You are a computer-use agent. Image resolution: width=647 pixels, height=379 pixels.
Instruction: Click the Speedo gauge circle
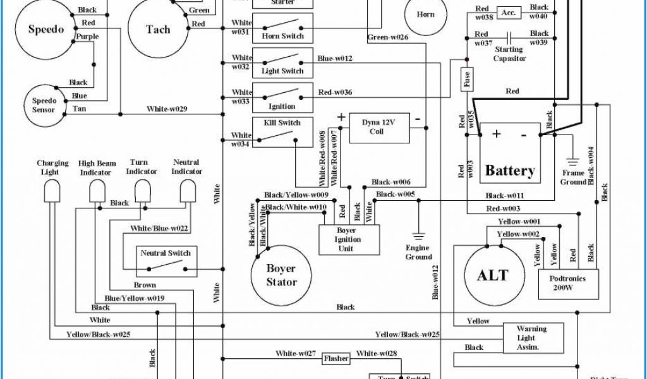point(46,30)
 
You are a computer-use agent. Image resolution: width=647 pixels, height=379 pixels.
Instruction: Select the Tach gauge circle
point(158,29)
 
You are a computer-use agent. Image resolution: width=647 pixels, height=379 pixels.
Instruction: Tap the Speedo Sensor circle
point(44,105)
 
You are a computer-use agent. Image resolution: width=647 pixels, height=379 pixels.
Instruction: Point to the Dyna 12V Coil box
point(379,127)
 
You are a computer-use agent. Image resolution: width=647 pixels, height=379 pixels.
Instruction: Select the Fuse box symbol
point(467,79)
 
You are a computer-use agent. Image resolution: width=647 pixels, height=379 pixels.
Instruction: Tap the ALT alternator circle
point(493,275)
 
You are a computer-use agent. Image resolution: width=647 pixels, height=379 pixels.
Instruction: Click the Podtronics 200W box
point(568,282)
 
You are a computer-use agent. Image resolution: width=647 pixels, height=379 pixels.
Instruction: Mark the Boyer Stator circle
point(281,275)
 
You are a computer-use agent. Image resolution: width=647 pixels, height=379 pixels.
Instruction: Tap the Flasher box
point(336,359)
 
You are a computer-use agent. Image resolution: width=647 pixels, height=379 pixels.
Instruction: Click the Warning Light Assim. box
point(532,338)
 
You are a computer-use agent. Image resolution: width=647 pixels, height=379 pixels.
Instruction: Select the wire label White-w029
point(167,109)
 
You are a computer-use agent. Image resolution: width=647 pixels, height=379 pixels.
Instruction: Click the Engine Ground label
point(418,253)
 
